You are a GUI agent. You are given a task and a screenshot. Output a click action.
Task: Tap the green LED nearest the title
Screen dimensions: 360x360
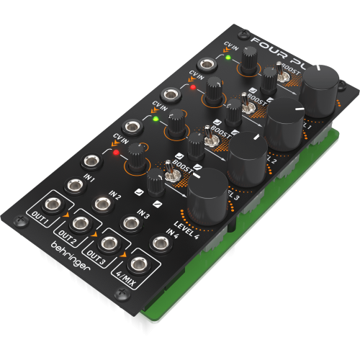tap(228, 58)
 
